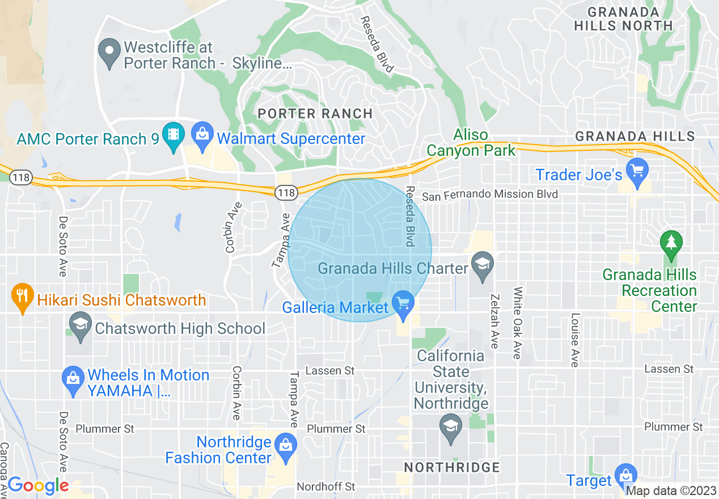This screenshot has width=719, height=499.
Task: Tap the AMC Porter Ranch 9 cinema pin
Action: [x=172, y=134]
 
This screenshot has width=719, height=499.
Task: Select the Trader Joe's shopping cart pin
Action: [x=637, y=171]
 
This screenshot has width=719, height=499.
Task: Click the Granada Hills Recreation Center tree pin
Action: [x=671, y=243]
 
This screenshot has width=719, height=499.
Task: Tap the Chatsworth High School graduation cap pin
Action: [x=80, y=325]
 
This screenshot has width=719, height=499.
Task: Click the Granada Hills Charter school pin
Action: [x=482, y=264]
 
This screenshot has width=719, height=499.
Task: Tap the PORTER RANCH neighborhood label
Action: [x=315, y=113]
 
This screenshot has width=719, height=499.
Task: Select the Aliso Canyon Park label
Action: [x=471, y=142]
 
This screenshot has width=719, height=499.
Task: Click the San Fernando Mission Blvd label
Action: [x=489, y=194]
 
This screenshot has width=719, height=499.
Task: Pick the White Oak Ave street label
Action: [x=517, y=323]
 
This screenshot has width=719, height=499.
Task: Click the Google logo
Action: [x=37, y=485]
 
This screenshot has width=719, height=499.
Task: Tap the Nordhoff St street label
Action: [x=326, y=487]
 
